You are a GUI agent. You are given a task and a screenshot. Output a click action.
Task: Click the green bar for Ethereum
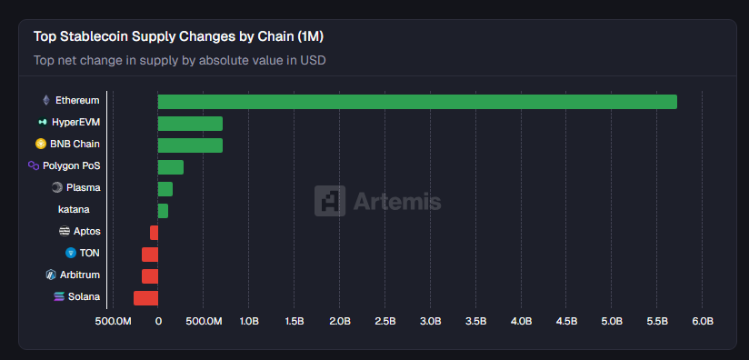click(417, 102)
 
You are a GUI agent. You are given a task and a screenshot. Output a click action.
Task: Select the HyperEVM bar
click(190, 124)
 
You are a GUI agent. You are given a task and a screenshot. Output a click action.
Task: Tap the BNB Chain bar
click(190, 145)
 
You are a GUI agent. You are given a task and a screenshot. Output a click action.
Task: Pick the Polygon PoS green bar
click(171, 167)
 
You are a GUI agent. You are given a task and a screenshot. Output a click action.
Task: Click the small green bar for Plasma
click(165, 189)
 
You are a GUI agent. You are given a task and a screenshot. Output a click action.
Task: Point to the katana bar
click(163, 211)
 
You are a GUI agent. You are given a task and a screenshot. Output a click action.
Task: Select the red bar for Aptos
click(155, 233)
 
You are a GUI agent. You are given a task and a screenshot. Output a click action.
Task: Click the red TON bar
click(150, 255)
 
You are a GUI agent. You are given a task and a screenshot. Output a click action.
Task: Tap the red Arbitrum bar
click(150, 276)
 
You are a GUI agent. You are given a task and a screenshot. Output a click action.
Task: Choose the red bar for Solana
click(145, 298)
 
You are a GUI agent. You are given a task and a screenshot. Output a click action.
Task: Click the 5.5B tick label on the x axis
click(656, 322)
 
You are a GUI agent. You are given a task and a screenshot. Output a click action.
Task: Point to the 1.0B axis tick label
click(248, 322)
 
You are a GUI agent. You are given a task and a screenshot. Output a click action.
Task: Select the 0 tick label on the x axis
click(158, 322)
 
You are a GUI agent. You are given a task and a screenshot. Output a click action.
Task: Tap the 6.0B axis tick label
click(702, 322)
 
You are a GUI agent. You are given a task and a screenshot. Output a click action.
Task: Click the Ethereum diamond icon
click(45, 100)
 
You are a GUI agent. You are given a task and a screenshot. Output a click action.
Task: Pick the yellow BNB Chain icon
click(41, 144)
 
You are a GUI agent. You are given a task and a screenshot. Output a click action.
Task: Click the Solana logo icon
click(60, 296)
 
